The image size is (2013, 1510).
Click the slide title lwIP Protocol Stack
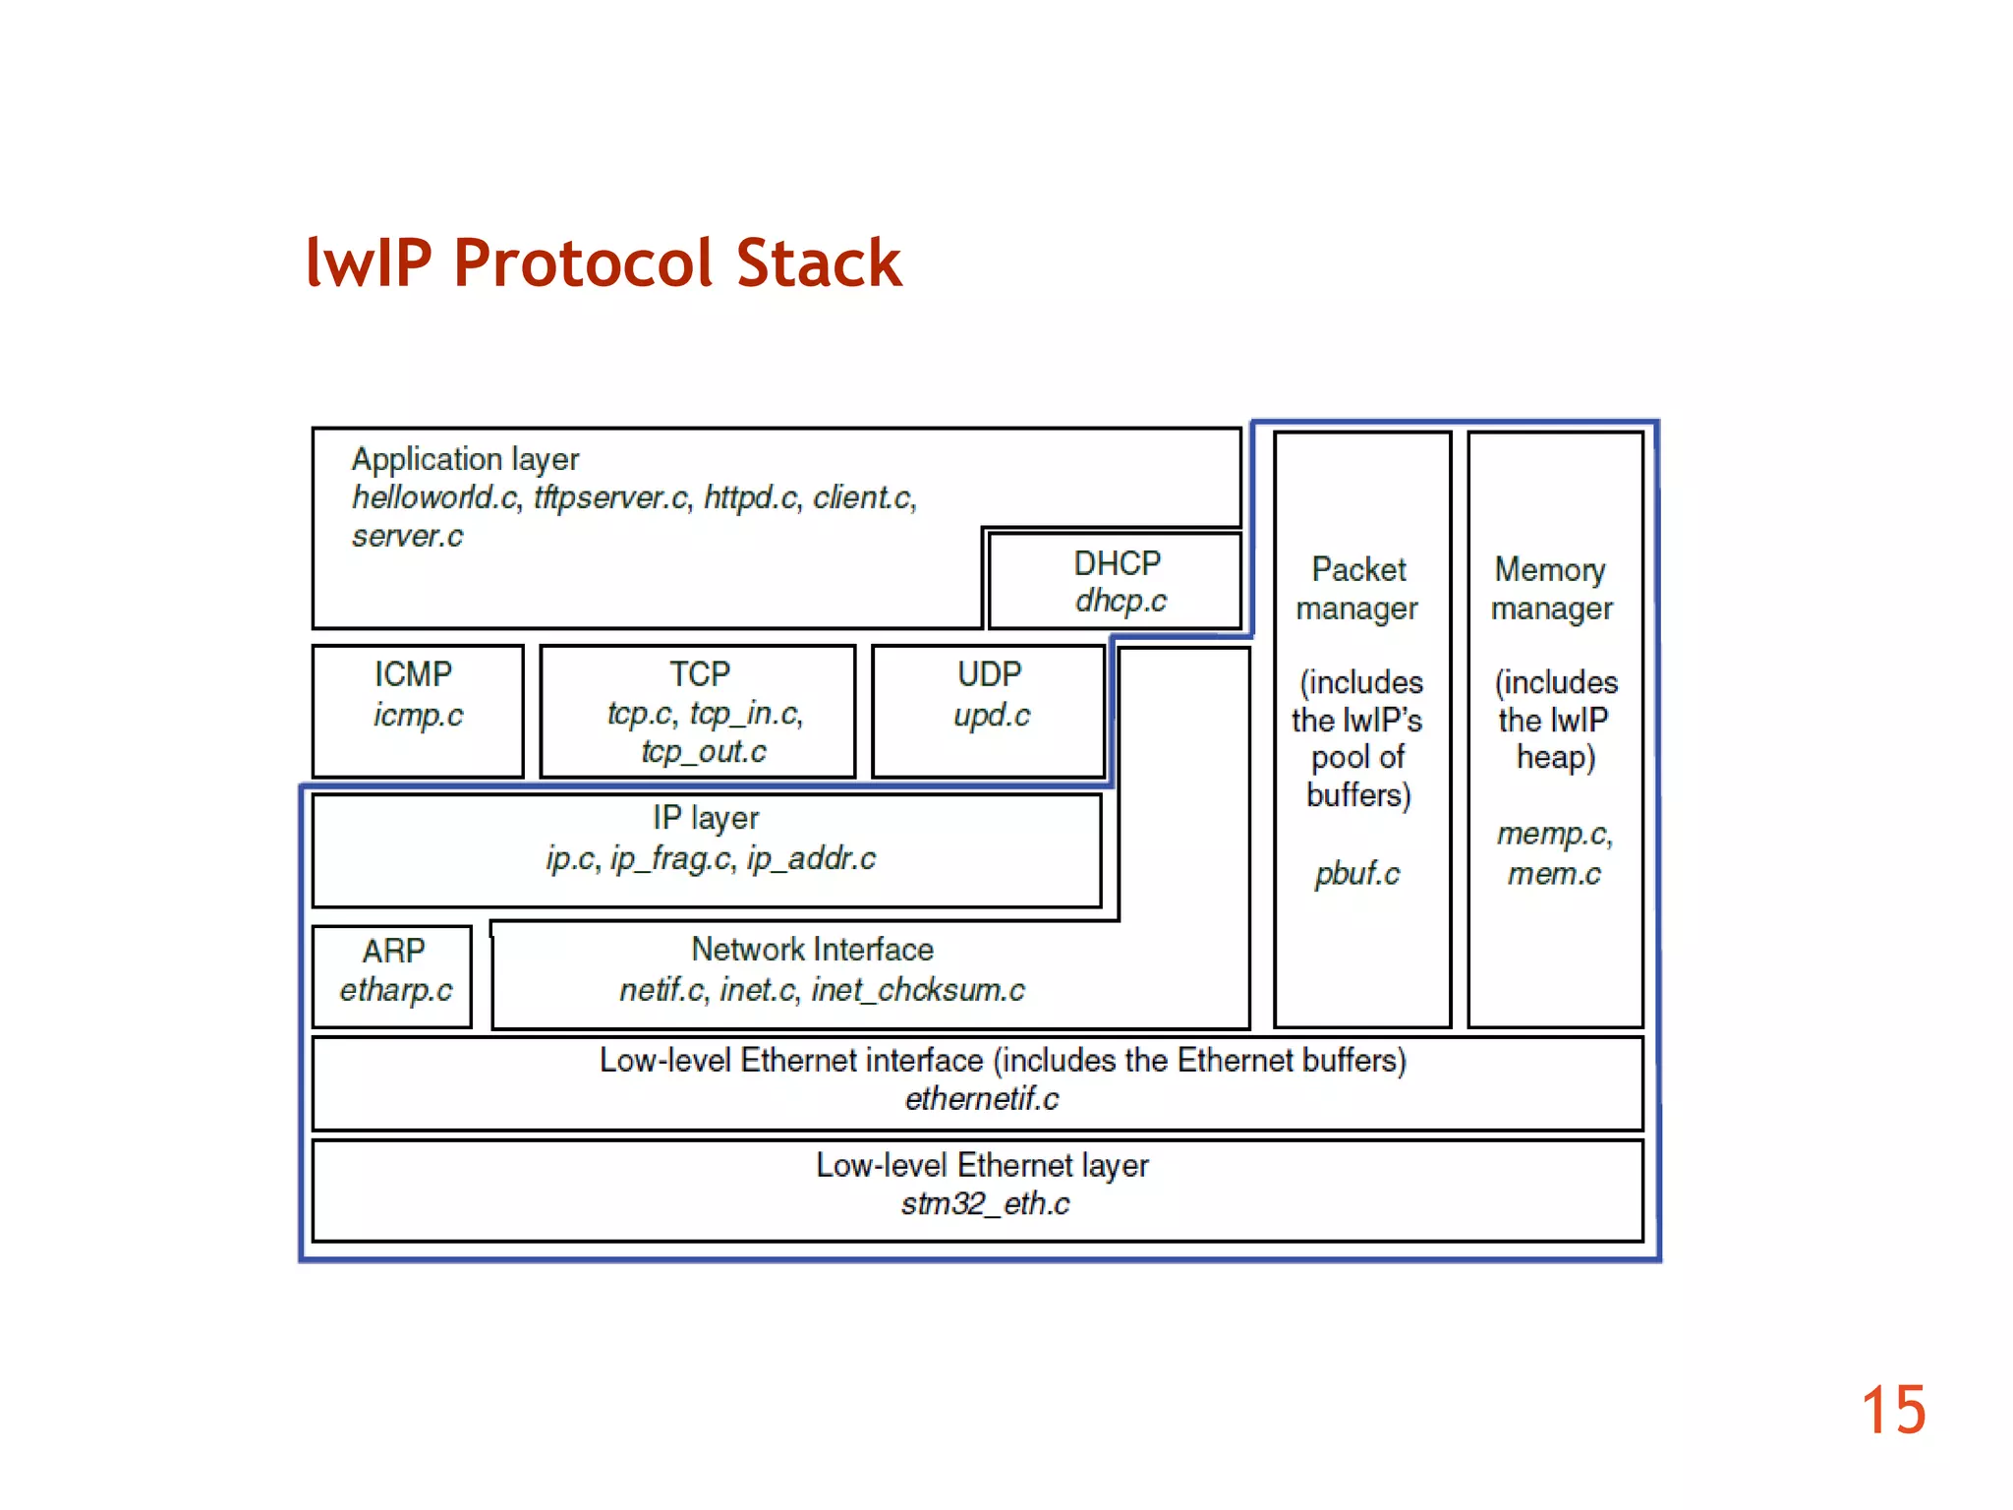click(x=604, y=263)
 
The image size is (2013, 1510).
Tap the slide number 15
click(x=1892, y=1411)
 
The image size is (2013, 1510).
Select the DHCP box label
click(x=1117, y=563)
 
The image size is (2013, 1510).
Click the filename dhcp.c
click(x=1121, y=601)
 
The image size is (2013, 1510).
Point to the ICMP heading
click(x=413, y=674)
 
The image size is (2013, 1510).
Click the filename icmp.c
click(x=418, y=715)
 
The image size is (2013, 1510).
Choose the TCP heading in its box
click(x=699, y=674)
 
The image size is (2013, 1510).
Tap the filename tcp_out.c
click(x=704, y=752)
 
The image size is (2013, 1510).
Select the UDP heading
click(x=989, y=674)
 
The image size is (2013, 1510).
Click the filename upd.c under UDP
click(x=992, y=715)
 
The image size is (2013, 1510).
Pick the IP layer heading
click(x=706, y=818)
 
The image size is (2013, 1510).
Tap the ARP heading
click(x=393, y=951)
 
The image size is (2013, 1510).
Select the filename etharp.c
click(x=396, y=990)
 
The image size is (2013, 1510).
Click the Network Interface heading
click(x=812, y=950)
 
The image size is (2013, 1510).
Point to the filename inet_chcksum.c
click(x=918, y=990)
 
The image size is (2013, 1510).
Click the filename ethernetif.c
click(x=982, y=1099)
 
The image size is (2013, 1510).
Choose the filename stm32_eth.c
click(x=985, y=1203)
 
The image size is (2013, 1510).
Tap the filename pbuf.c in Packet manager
click(x=1357, y=873)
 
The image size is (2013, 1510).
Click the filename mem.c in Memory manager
click(x=1554, y=873)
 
